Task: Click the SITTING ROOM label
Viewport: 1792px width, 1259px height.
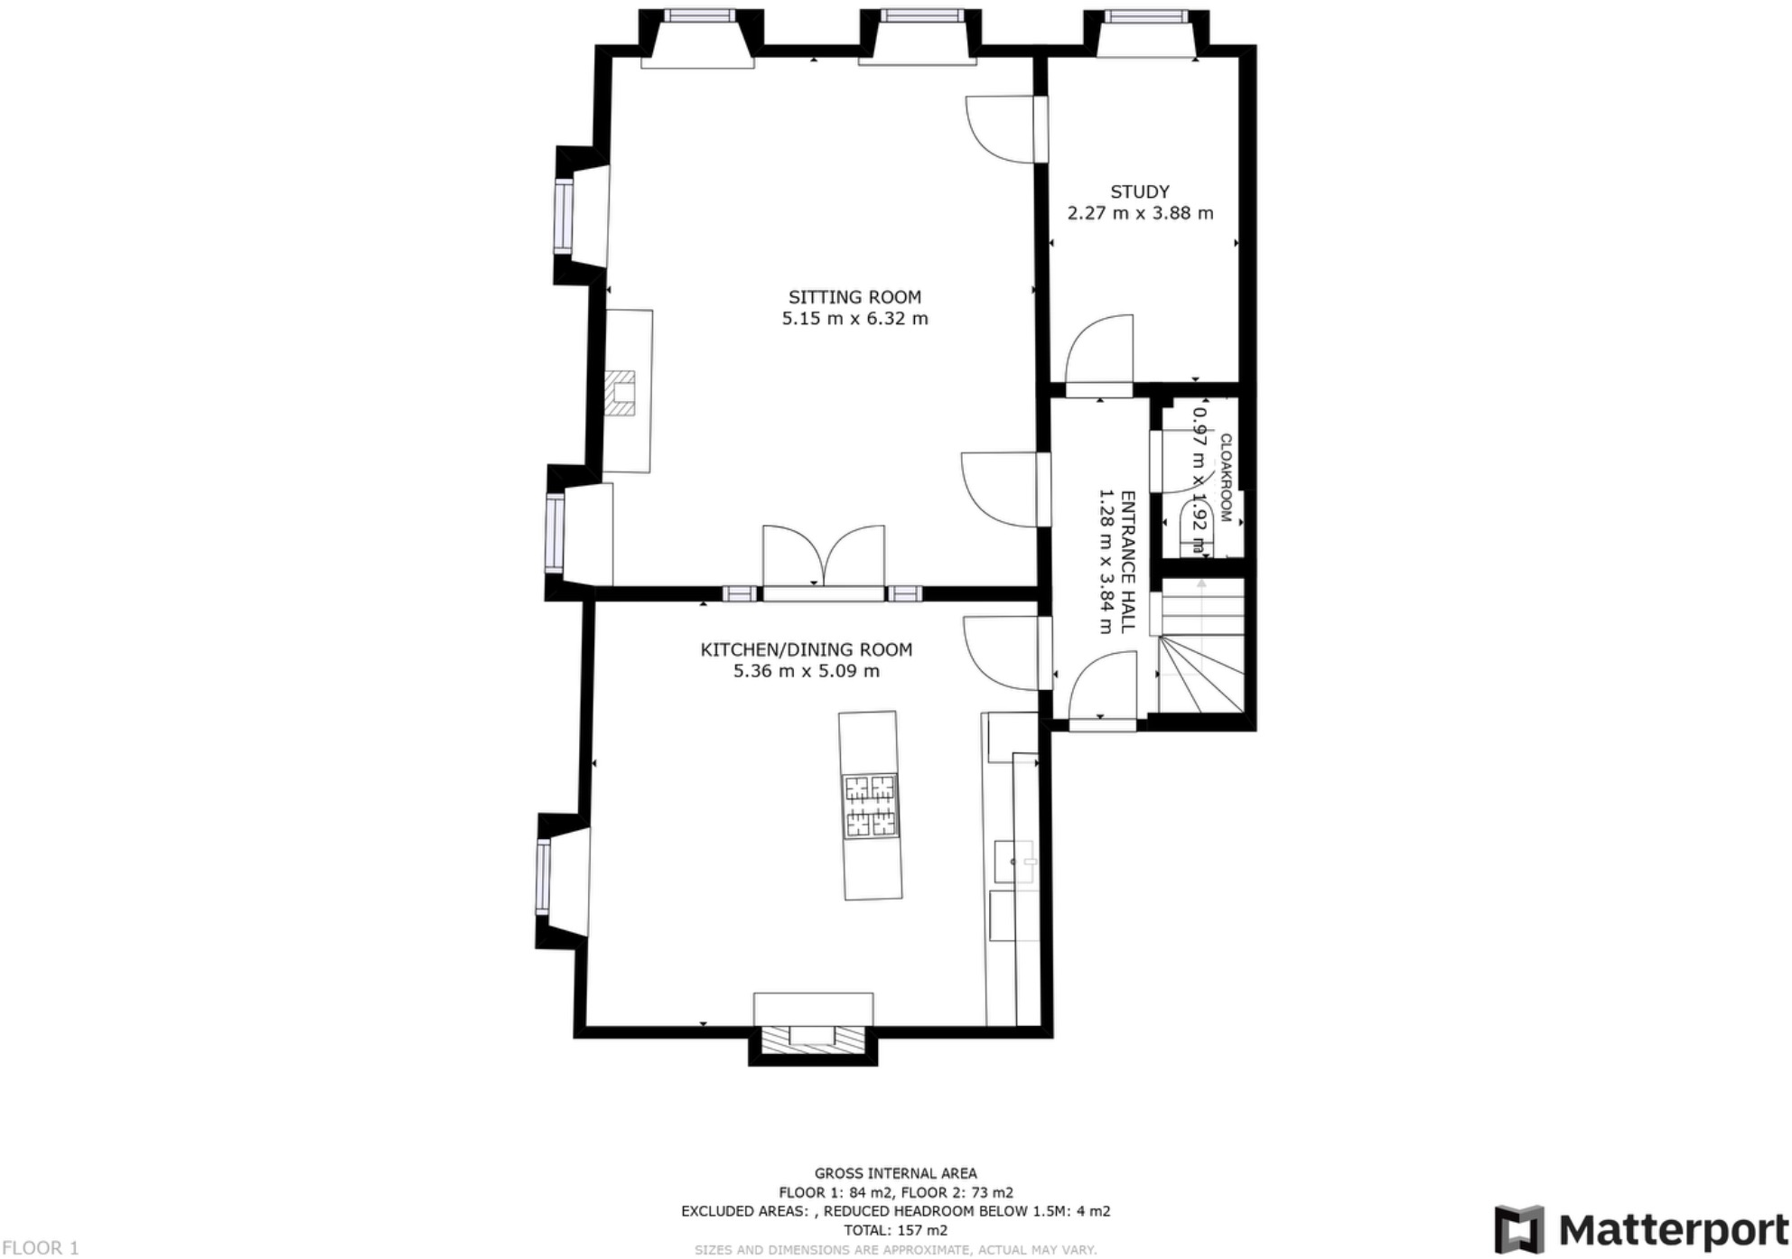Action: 854,297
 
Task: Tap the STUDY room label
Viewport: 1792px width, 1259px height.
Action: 1140,191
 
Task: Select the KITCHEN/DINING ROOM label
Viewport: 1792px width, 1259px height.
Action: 806,649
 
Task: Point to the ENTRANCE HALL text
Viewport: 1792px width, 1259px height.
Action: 1127,562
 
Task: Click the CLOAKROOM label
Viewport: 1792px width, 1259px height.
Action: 1226,478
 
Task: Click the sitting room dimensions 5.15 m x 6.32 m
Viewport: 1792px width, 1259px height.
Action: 854,319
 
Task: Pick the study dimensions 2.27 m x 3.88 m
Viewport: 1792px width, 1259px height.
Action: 1140,213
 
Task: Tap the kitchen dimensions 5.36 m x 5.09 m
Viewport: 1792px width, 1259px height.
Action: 806,671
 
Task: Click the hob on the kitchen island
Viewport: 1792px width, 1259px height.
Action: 871,806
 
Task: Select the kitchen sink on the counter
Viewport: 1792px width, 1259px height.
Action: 1014,862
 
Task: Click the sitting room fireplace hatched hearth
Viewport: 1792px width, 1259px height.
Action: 621,393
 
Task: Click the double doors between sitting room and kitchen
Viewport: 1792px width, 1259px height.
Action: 824,560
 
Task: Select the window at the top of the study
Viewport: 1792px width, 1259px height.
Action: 1145,16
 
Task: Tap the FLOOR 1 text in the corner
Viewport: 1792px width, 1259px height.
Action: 40,1247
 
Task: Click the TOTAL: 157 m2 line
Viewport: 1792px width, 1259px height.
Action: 895,1230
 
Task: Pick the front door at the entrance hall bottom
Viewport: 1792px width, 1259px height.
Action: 1102,723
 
